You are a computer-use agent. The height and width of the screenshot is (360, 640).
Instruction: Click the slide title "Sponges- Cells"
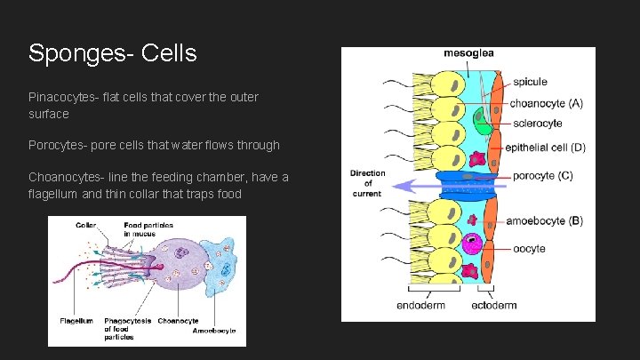click(112, 53)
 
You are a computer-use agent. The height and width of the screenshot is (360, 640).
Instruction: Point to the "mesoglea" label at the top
click(468, 54)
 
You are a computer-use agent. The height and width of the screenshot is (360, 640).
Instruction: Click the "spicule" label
click(530, 83)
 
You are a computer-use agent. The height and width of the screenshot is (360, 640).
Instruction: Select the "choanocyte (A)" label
click(546, 104)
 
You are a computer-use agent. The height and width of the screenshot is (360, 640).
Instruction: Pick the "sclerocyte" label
click(536, 124)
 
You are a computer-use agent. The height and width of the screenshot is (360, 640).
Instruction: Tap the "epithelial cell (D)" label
click(545, 148)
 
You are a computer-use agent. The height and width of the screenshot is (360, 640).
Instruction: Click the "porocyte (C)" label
click(542, 175)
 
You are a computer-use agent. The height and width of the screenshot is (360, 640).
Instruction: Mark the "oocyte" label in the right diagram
click(530, 248)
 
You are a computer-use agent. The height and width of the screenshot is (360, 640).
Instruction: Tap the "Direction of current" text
click(367, 183)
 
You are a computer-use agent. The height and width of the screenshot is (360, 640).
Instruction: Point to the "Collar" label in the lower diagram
click(86, 225)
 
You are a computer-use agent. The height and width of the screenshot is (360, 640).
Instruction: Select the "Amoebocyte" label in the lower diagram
click(214, 330)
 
